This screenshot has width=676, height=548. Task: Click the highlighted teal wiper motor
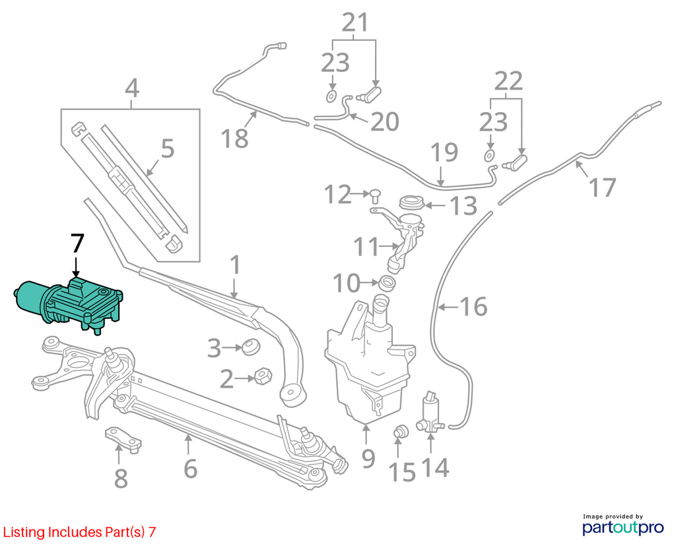(69, 304)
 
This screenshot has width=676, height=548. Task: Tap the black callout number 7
(77, 244)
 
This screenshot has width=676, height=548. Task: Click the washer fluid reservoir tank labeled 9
(369, 362)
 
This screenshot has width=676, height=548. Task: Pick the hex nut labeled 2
(263, 376)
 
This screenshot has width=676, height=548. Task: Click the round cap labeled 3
(250, 347)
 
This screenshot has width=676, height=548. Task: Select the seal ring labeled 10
(387, 283)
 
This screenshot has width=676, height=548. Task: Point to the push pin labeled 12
(375, 195)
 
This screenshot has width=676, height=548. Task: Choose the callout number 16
(473, 306)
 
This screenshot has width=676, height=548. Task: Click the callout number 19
(444, 153)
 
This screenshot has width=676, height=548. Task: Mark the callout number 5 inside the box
(167, 149)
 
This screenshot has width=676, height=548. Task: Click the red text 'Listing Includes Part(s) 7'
(79, 532)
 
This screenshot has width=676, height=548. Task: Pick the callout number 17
(603, 188)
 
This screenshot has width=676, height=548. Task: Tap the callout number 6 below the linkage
(190, 469)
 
